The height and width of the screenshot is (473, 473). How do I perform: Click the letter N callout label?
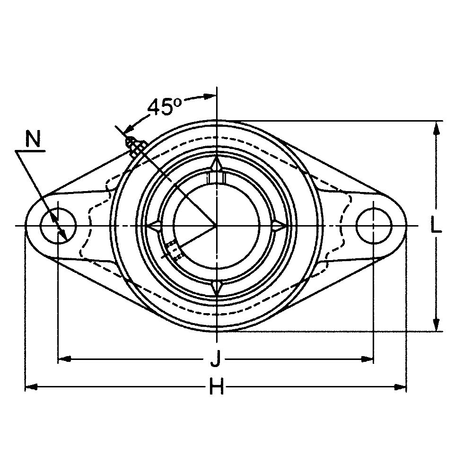(x=33, y=139)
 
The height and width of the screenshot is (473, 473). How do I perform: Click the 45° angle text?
(x=165, y=107)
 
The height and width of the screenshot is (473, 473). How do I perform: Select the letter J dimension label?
(x=215, y=359)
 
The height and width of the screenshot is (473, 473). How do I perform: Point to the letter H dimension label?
(x=217, y=387)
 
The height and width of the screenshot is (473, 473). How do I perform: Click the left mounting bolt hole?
(x=58, y=225)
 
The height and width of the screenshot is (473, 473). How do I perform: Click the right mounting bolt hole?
(x=374, y=225)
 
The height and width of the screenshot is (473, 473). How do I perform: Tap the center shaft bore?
(x=216, y=225)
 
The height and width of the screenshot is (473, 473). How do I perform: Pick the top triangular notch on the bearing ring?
(x=217, y=165)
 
